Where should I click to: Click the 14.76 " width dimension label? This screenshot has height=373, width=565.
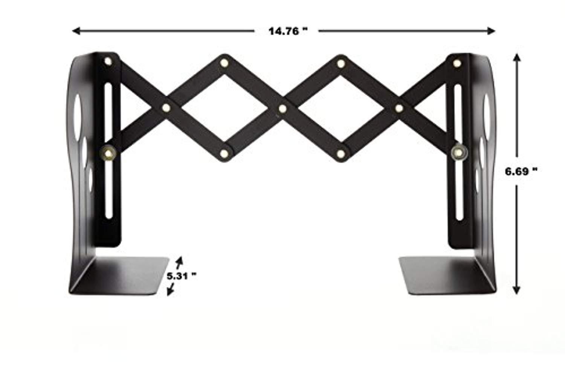coord(288,31)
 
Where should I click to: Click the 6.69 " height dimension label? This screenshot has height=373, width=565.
coord(521,171)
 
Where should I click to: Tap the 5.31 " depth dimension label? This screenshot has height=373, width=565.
coord(181,276)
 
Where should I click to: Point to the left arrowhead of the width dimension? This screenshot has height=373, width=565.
coord(76,31)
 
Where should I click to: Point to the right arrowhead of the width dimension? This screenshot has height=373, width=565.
coord(491,31)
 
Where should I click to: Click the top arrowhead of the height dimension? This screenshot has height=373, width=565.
coord(517,57)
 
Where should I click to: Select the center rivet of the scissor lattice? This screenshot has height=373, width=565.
coord(283,109)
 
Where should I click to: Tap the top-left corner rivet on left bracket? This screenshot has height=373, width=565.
coord(108,61)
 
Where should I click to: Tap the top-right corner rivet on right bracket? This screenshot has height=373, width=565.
coord(457,63)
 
